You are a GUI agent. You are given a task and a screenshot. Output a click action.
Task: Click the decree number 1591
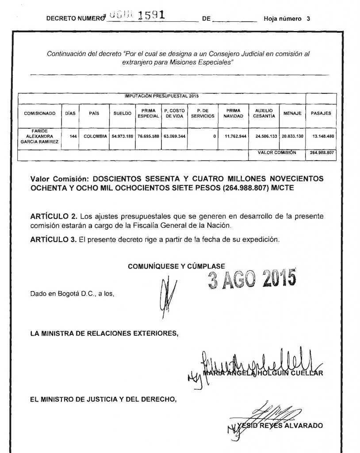(x=151, y=15)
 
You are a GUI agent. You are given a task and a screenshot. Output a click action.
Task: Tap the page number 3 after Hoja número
(x=308, y=19)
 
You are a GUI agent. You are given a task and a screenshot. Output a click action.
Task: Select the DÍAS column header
(x=70, y=114)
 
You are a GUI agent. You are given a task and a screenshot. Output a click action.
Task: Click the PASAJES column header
(x=321, y=114)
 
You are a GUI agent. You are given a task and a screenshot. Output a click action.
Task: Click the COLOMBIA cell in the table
(x=96, y=137)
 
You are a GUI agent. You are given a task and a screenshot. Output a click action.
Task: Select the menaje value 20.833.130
(x=292, y=137)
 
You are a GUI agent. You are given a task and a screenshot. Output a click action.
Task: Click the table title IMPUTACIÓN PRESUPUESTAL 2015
(x=161, y=96)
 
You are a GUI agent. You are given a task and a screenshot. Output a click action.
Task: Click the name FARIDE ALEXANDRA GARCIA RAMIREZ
(x=39, y=137)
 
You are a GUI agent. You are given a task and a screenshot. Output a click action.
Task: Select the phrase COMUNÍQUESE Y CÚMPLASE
(x=176, y=266)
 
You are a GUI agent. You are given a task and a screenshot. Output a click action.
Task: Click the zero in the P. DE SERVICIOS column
(x=214, y=137)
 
